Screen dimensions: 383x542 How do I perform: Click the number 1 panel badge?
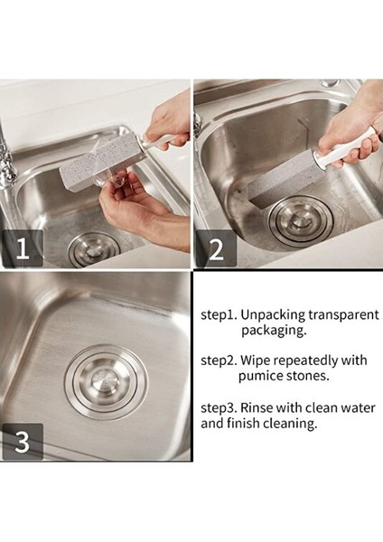23,248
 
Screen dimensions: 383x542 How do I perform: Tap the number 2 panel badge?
217,248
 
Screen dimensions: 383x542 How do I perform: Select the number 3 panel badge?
23,442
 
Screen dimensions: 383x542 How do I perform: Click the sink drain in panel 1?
94,249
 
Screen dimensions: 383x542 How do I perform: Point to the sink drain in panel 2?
301,220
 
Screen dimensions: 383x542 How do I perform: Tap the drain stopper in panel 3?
106,381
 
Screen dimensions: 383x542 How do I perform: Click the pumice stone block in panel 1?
101,164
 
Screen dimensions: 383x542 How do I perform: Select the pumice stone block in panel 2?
286,185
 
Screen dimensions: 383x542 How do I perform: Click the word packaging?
274,331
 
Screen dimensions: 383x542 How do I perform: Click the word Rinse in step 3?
257,408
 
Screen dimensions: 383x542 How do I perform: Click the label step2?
220,360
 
